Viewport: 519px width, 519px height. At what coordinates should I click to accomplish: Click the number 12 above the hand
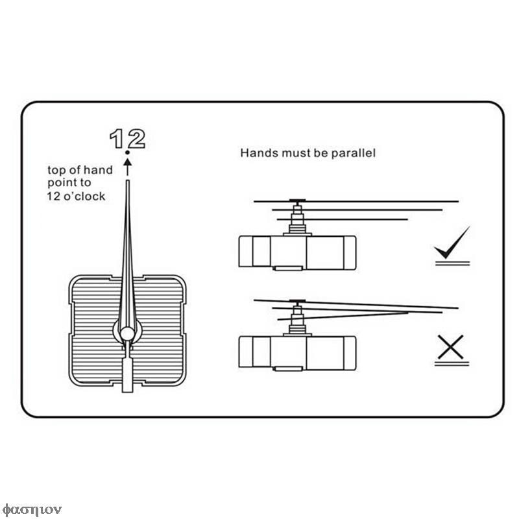click(127, 139)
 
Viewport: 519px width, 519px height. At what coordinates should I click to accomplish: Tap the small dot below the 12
click(127, 152)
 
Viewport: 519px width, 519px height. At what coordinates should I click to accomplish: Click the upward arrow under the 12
click(127, 167)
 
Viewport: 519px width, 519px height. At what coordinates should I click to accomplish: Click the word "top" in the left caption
click(57, 171)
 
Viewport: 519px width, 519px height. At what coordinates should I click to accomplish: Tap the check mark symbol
click(452, 242)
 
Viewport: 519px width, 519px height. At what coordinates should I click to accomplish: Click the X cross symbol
click(450, 347)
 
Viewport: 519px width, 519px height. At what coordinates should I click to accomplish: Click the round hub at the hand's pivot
click(127, 333)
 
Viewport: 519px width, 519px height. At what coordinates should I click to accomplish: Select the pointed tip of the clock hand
click(127, 181)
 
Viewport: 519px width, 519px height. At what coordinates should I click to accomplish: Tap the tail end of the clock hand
click(127, 392)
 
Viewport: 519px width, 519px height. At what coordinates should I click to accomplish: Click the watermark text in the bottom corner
click(32, 510)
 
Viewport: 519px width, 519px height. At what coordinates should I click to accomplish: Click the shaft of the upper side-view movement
click(297, 217)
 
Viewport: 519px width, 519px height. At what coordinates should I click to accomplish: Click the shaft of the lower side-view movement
click(297, 319)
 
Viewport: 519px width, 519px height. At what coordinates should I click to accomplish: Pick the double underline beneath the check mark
click(452, 263)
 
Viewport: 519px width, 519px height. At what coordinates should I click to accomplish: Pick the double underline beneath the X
click(452, 364)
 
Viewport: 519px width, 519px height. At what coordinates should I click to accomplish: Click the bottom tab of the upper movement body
click(288, 268)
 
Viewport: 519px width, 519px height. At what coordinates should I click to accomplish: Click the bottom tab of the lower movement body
click(288, 368)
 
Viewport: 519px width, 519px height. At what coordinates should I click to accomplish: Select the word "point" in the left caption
click(60, 183)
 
